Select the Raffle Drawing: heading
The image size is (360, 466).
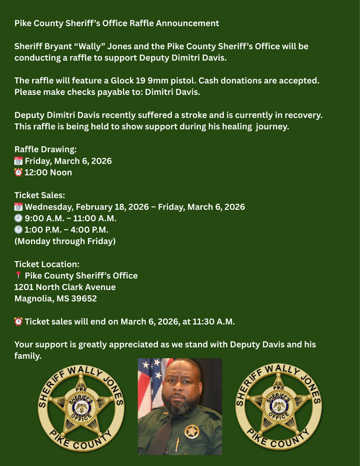(x=45, y=149)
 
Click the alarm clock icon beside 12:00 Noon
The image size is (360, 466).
(x=18, y=172)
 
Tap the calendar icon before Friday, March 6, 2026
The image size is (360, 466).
(x=18, y=161)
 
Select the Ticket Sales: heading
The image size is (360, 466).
(x=40, y=195)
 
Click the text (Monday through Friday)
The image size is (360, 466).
(x=65, y=241)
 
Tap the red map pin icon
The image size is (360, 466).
(x=18, y=276)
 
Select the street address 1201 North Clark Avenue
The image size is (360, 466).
(x=65, y=287)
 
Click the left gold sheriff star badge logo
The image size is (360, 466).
(x=81, y=407)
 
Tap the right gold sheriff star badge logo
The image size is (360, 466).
(x=278, y=407)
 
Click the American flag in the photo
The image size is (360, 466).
(x=149, y=384)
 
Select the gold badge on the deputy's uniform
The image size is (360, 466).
(x=191, y=432)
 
